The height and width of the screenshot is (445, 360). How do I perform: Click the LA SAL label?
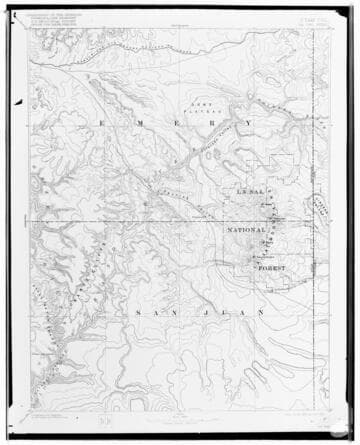(247, 190)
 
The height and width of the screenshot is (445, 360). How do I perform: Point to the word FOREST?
(271, 268)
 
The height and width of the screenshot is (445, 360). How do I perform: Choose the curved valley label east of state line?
(320, 211)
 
